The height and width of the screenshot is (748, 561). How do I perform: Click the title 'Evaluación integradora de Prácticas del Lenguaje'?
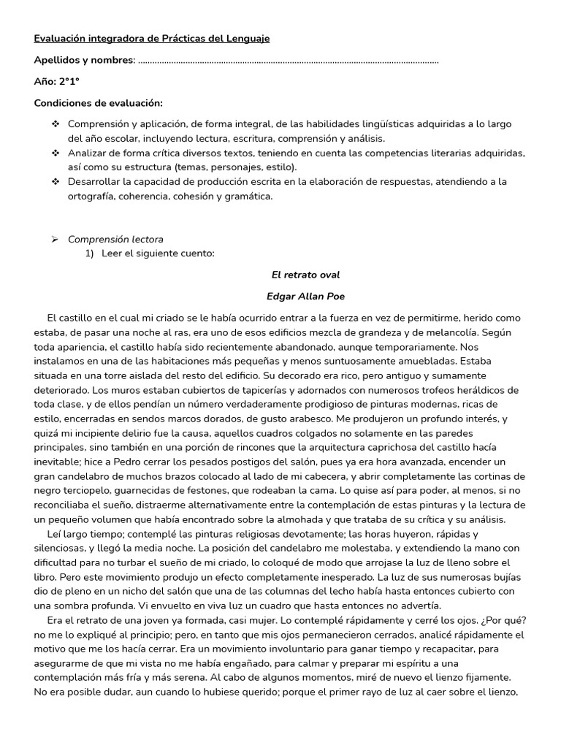[x=152, y=39]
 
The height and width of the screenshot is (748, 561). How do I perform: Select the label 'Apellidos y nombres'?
[x=83, y=60]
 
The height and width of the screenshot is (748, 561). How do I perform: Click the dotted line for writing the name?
[x=289, y=61]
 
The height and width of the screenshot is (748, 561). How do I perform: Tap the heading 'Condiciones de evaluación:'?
[x=99, y=103]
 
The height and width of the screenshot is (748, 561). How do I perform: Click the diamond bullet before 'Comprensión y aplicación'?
[x=56, y=124]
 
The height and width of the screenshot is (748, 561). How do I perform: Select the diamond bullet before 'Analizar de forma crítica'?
[x=56, y=153]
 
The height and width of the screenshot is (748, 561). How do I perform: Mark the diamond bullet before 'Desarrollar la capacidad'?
[x=56, y=182]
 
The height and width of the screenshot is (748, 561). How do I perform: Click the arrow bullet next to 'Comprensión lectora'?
[x=55, y=240]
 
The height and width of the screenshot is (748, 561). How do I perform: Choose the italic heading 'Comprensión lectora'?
[x=115, y=240]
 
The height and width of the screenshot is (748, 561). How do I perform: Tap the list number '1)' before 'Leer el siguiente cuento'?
[x=89, y=253]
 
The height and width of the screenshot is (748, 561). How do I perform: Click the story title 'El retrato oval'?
[x=305, y=275]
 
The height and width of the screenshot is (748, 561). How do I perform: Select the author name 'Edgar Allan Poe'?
[x=305, y=297]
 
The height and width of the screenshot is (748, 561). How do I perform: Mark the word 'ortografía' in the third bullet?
[x=92, y=196]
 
